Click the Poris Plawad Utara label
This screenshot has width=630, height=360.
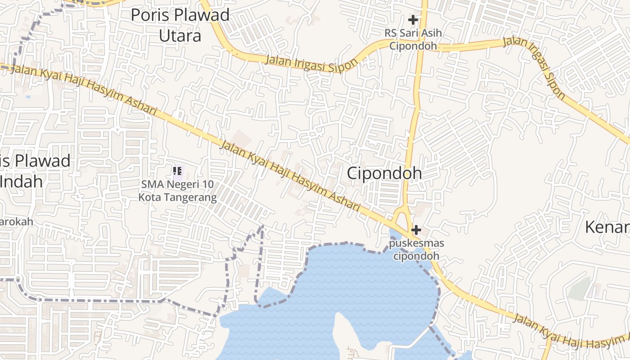click(180, 25)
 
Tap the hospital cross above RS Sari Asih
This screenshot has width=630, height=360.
click(413, 20)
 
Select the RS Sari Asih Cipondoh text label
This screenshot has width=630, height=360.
click(413, 40)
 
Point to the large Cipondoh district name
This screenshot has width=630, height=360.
click(384, 173)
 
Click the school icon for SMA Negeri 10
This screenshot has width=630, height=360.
click(177, 171)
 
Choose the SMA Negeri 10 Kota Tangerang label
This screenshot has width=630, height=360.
click(177, 191)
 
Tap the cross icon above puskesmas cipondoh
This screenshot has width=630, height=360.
click(416, 230)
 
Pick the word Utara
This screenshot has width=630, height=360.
click(180, 35)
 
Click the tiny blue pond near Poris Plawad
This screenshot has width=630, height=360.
click(28, 96)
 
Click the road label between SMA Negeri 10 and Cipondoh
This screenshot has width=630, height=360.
click(290, 175)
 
